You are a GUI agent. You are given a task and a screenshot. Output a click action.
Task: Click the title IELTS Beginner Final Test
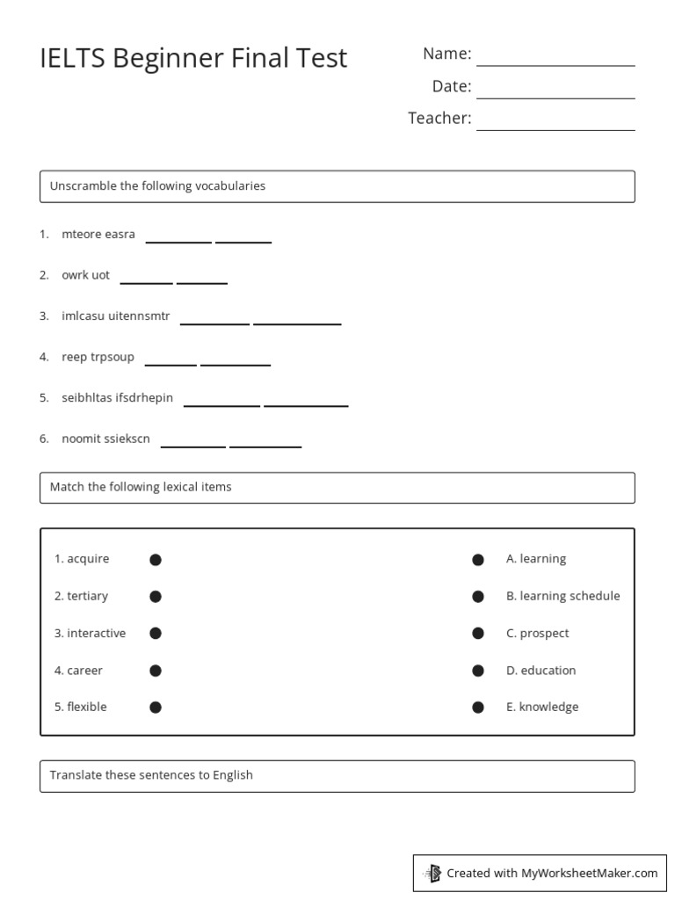193,58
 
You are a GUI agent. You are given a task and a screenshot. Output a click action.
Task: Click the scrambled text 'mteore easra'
98,235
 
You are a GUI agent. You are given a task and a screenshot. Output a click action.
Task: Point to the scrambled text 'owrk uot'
85,275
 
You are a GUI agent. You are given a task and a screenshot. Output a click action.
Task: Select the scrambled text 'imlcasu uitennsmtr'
115,316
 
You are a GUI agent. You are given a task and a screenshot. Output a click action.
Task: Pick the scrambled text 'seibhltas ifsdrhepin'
117,398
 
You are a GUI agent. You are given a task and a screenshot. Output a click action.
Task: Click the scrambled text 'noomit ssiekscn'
105,439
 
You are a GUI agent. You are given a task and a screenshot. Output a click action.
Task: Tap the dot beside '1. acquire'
156,560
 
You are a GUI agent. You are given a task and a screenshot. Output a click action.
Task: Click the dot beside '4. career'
156,671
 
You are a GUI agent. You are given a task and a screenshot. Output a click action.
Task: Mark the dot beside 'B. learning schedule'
478,597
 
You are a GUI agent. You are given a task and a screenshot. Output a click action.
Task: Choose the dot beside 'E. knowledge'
478,708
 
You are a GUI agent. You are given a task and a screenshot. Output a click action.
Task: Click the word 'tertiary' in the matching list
87,596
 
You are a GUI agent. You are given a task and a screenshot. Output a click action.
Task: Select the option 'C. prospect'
537,634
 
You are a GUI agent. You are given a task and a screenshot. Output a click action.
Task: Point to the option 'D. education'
541,671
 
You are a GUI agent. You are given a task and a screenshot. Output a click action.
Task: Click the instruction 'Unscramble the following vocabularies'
157,186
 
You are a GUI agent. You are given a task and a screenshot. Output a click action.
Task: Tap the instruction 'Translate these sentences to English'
151,775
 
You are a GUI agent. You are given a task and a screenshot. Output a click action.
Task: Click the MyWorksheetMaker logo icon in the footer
432,874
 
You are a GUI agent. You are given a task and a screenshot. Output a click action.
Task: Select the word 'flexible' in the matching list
87,707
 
